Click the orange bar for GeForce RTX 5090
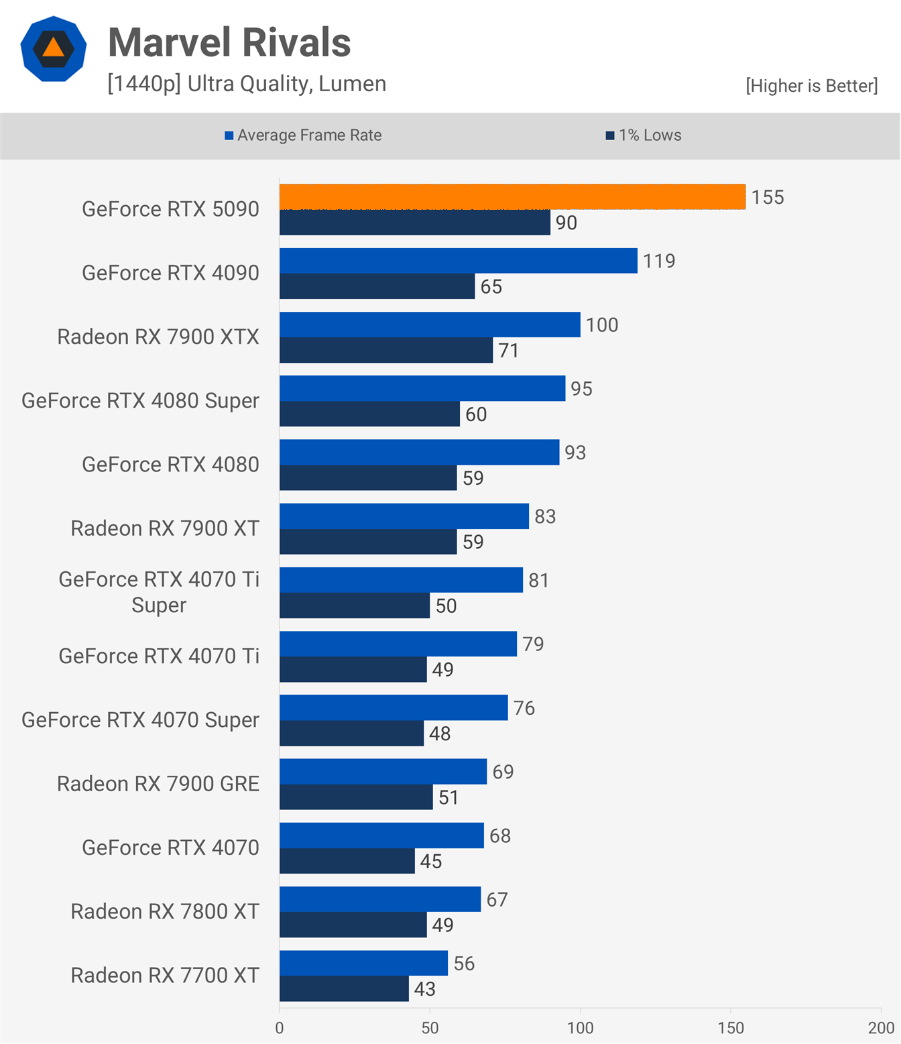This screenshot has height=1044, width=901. (x=512, y=196)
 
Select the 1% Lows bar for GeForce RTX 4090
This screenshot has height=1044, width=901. (x=377, y=286)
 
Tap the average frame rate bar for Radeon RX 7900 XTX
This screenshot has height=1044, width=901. (x=430, y=325)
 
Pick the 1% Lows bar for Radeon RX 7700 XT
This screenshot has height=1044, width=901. (x=344, y=989)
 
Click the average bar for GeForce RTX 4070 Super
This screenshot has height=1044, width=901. (x=394, y=707)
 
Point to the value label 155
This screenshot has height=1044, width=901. (x=768, y=197)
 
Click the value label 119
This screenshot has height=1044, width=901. (x=659, y=261)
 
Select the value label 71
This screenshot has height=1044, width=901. (x=508, y=351)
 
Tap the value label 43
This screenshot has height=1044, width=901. (x=425, y=989)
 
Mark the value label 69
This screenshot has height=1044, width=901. (x=503, y=772)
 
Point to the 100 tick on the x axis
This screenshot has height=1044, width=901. (x=580, y=1028)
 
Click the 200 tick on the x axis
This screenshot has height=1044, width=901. (x=881, y=1028)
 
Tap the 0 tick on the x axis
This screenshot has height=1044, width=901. (x=280, y=1028)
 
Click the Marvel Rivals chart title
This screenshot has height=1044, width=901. (x=229, y=43)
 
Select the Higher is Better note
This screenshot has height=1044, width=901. (x=811, y=86)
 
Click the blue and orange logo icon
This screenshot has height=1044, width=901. (x=54, y=49)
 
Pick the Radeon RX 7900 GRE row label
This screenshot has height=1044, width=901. (x=158, y=784)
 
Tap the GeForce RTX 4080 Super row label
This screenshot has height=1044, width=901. (x=140, y=401)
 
